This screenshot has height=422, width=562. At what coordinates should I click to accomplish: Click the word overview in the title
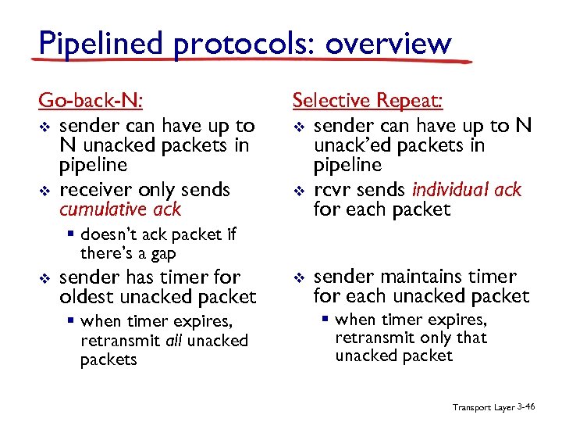pyautogui.click(x=388, y=43)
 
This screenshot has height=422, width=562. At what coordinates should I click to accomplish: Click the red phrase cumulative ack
pyautogui.click(x=120, y=209)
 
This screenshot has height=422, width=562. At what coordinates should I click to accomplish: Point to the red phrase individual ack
pyautogui.click(x=467, y=190)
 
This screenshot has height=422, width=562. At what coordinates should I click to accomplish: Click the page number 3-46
pyautogui.click(x=525, y=406)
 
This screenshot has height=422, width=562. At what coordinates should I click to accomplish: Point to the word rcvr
pyautogui.click(x=331, y=190)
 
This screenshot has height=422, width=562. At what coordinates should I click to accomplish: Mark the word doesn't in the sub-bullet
pyautogui.click(x=106, y=234)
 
